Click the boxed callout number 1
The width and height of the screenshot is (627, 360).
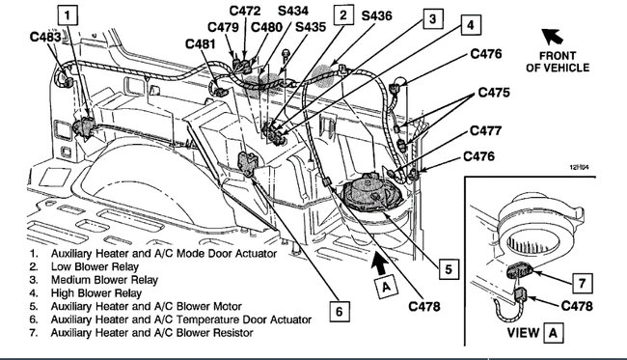click(x=68, y=14)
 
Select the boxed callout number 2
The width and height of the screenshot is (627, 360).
click(x=341, y=14)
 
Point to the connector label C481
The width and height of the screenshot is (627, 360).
click(x=204, y=43)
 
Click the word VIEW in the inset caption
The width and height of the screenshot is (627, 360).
click(x=520, y=341)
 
